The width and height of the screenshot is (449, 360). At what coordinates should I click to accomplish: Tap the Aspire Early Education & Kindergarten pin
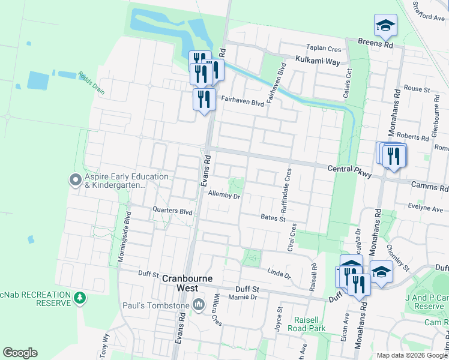[x=76, y=179]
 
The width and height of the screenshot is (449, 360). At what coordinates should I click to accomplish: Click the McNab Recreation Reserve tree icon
[x=79, y=298]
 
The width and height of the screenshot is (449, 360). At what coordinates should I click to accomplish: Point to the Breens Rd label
[x=375, y=44]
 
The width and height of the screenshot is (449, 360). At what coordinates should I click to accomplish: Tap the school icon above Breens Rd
[x=385, y=26]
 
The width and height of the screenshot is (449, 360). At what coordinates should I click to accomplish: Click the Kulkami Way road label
[x=318, y=61]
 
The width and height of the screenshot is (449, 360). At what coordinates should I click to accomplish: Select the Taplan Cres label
[x=324, y=49]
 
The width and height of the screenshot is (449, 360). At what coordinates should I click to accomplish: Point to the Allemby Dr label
[x=224, y=194]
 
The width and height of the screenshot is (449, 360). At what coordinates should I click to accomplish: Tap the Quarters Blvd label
[x=172, y=211]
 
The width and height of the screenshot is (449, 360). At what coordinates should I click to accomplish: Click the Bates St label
[x=273, y=218]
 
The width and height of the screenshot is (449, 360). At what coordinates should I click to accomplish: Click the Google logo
[x=20, y=353]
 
